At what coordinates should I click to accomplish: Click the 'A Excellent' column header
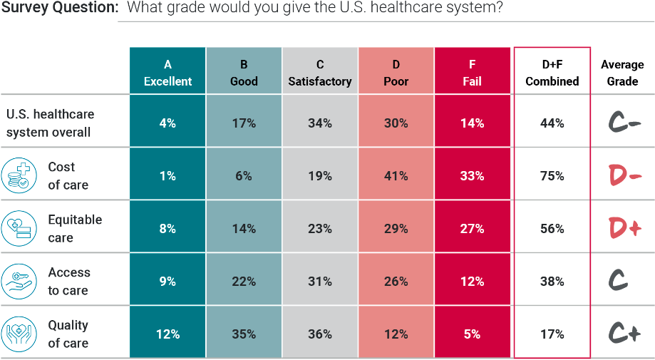tap(167, 73)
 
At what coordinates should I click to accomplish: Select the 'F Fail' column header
tap(472, 73)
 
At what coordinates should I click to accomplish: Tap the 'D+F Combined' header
tap(552, 73)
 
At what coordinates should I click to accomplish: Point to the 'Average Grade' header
tap(622, 73)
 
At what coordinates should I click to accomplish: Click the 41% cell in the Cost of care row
tap(396, 176)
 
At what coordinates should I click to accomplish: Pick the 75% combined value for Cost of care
tap(552, 176)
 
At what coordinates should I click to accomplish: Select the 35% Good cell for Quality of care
tap(244, 334)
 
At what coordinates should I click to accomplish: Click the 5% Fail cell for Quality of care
tap(472, 334)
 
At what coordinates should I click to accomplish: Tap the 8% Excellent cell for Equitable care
tap(167, 229)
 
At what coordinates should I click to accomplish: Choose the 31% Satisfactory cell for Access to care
tap(320, 282)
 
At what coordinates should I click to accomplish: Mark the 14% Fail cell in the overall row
tap(472, 123)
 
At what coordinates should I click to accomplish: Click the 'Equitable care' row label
tap(75, 229)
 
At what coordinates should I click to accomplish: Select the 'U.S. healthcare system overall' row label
tap(50, 123)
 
